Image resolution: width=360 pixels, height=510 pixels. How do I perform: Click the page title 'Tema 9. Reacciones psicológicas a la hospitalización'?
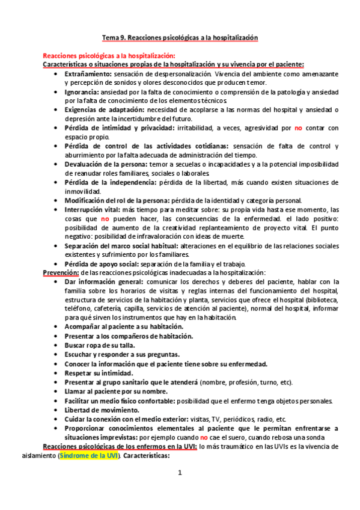(180, 37)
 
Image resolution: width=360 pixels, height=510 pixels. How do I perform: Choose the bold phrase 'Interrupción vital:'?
(93, 209)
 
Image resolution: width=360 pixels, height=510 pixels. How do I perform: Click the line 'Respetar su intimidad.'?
(99, 373)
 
